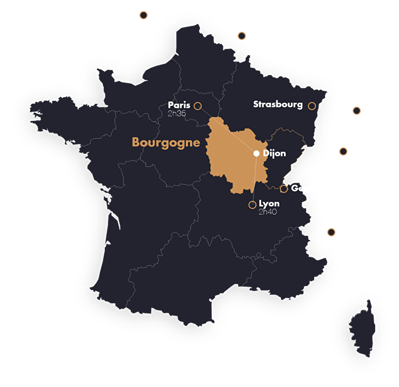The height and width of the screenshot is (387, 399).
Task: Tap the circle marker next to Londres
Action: pyautogui.click(x=144, y=15)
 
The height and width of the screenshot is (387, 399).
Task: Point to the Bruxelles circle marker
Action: pyautogui.click(x=241, y=36)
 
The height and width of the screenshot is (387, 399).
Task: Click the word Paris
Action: pyautogui.click(x=179, y=105)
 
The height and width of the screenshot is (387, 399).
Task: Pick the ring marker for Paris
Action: pyautogui.click(x=198, y=106)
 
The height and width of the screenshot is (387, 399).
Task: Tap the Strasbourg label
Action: pyautogui.click(x=278, y=105)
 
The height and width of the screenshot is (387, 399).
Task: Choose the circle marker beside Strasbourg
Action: pyautogui.click(x=312, y=106)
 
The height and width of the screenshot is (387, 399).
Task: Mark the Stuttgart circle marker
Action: pyautogui.click(x=356, y=111)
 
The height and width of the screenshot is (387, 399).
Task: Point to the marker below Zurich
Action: pyautogui.click(x=343, y=152)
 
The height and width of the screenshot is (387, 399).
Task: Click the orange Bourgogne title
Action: pyautogui.click(x=166, y=143)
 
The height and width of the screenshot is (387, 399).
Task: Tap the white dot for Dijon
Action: pyautogui.click(x=256, y=153)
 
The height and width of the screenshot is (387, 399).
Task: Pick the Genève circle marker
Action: pyautogui.click(x=283, y=188)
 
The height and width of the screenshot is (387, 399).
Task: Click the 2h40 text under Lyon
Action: pyautogui.click(x=268, y=212)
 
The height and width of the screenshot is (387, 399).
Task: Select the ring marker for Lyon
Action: pyautogui.click(x=252, y=205)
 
